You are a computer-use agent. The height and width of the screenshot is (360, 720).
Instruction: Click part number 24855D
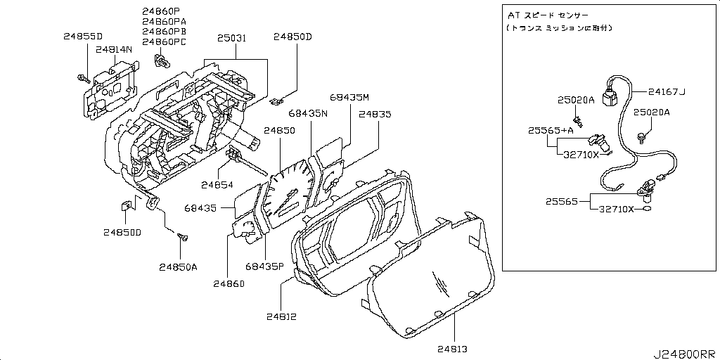point(82,36)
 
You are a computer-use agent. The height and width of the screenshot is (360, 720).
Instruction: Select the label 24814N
point(114,50)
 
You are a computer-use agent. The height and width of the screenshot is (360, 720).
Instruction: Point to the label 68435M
point(349,96)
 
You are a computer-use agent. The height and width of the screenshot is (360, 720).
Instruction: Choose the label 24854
point(217,184)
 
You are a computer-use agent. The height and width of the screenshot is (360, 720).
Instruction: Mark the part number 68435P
point(264,266)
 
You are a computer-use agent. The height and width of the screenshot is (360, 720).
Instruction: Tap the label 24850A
point(178,266)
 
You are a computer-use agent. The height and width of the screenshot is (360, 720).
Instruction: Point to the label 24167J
point(667,91)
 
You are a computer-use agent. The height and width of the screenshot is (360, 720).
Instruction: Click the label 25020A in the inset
point(576,100)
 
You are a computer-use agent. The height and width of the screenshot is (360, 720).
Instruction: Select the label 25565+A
point(551,131)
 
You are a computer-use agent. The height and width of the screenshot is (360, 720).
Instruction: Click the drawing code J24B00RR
point(686,353)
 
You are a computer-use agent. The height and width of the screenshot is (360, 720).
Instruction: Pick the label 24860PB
point(164,32)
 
